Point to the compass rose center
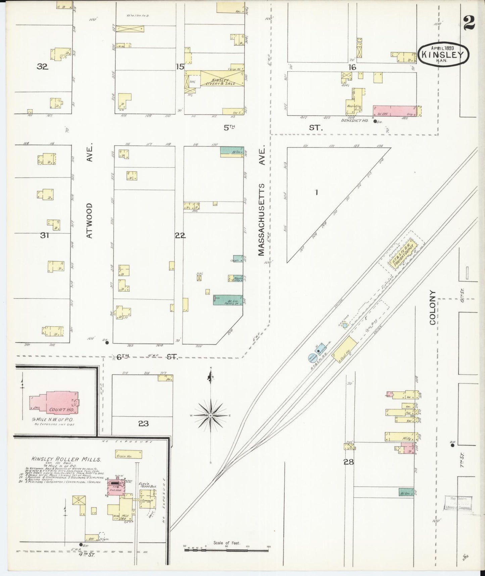pos(210,416)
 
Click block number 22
pos(180,235)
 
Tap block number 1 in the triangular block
pos(316,193)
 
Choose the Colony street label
pos(432,307)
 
